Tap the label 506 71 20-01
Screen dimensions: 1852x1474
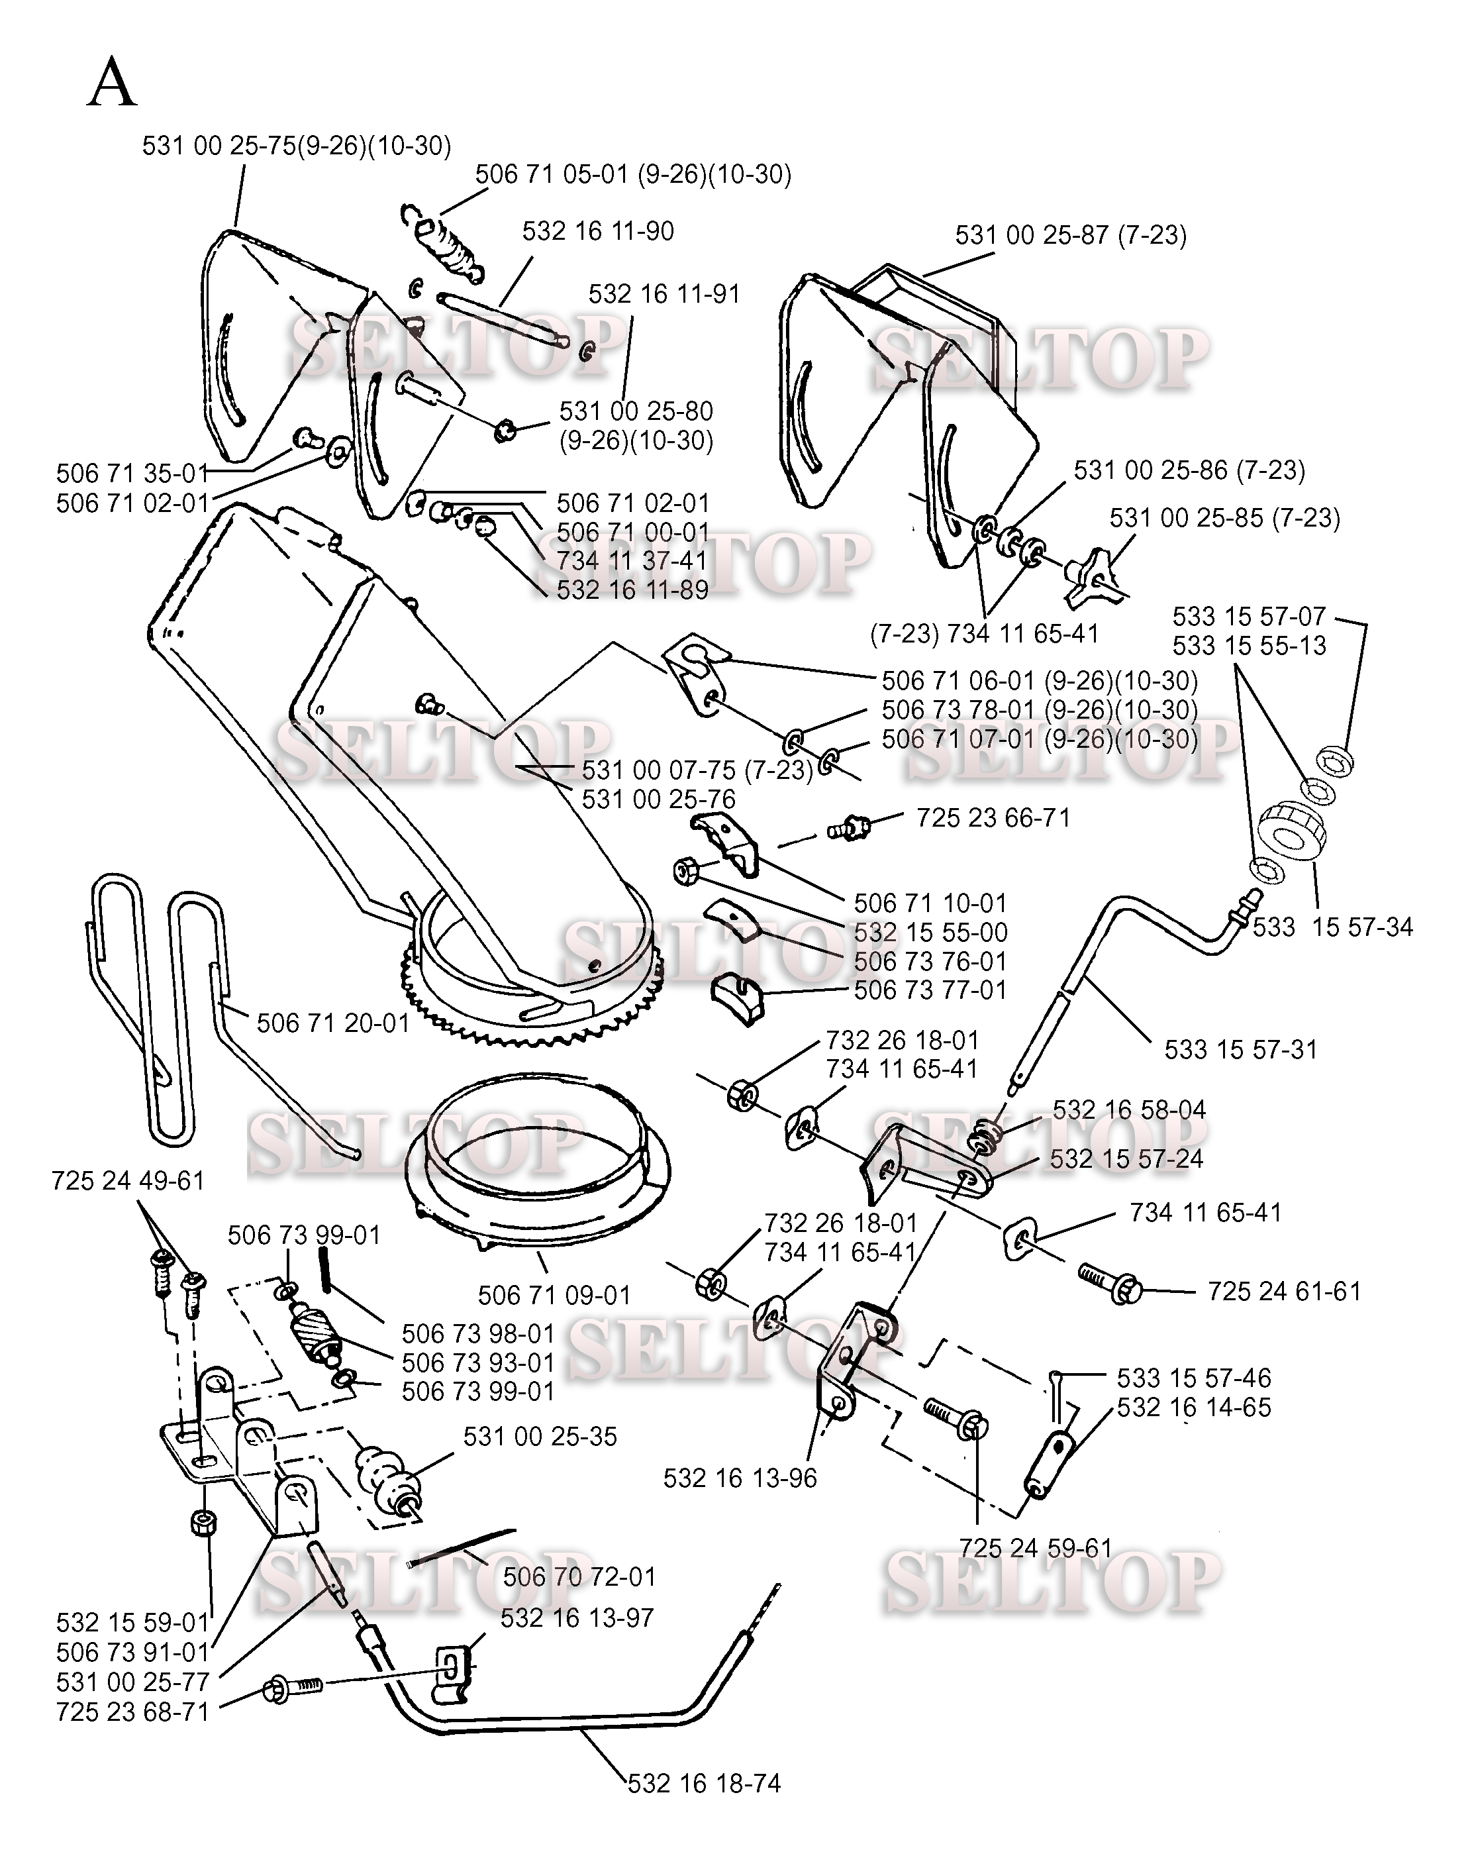click(x=332, y=1023)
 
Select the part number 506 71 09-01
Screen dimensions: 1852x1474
click(x=554, y=1296)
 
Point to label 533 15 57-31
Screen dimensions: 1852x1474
click(x=1240, y=1050)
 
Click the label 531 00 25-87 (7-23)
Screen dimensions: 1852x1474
click(x=1070, y=235)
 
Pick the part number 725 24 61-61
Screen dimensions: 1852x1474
click(x=1284, y=1292)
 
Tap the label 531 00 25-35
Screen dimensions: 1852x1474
click(x=540, y=1436)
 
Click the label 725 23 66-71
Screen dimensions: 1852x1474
click(x=993, y=818)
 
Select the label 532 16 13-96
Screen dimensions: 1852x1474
click(x=740, y=1478)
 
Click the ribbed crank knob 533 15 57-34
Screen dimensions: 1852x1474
click(x=1291, y=828)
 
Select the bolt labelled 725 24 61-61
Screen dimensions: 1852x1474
click(x=1108, y=1283)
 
